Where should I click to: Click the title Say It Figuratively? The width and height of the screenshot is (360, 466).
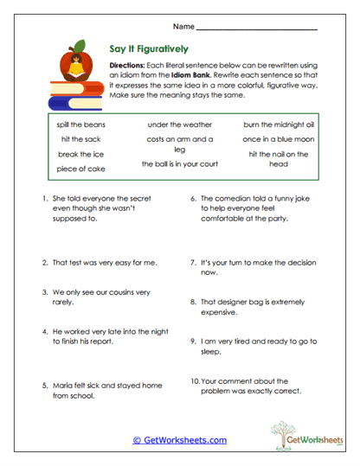[151, 49]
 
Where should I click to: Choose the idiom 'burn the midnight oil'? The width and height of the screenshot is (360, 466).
[278, 124]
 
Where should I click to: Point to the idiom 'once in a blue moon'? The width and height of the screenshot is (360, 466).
[278, 138]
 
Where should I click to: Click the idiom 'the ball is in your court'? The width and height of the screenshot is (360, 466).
[179, 163]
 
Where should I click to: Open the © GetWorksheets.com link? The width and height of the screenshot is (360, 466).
[179, 440]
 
